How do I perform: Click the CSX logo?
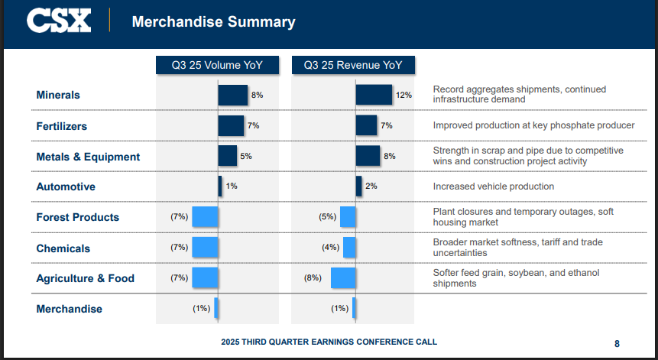pos(59,21)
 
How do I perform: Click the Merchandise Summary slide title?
pos(213,21)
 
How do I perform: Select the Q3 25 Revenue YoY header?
pos(353,65)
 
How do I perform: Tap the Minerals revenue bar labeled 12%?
pos(374,95)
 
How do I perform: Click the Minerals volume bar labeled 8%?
pos(232,95)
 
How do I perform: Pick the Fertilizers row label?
pos(62,125)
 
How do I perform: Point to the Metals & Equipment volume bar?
pos(227,156)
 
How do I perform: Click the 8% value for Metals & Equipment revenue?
pos(389,156)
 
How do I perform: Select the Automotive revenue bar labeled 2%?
pos(358,186)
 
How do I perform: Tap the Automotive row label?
pos(66,186)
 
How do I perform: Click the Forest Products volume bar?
pos(205,217)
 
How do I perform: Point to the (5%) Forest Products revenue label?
pos(327,217)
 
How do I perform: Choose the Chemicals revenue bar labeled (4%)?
pos(349,248)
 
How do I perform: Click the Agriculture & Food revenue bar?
pos(343,278)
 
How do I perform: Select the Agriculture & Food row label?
pos(85,278)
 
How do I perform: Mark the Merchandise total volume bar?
pos(216,309)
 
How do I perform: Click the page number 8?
pos(617,343)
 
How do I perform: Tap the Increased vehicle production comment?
pos(494,186)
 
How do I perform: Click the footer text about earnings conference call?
pos(329,342)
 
